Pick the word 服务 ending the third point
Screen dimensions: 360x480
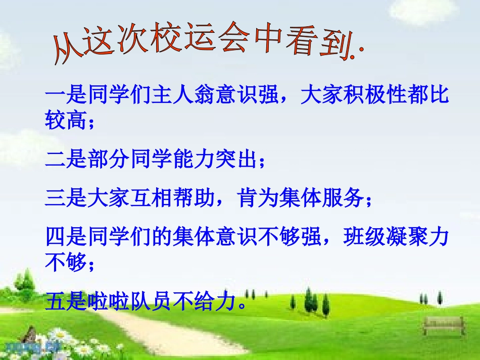(343, 199)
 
